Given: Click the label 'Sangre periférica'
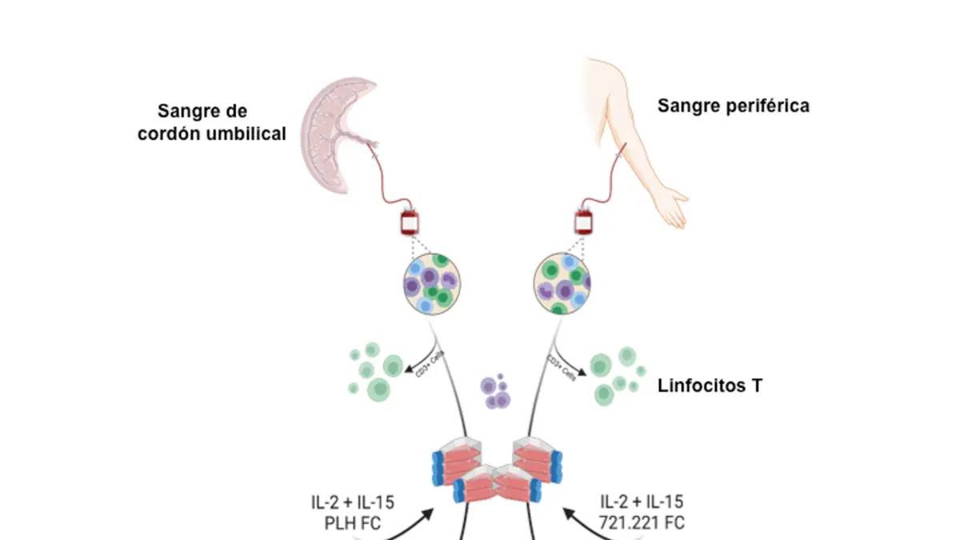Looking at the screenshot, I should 733,106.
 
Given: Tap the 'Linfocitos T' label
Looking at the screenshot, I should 710,386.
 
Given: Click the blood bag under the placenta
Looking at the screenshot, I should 410,222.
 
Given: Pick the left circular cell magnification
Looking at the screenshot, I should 430,284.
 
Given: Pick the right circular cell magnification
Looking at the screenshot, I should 562,284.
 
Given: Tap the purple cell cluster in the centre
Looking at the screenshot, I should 494,391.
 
